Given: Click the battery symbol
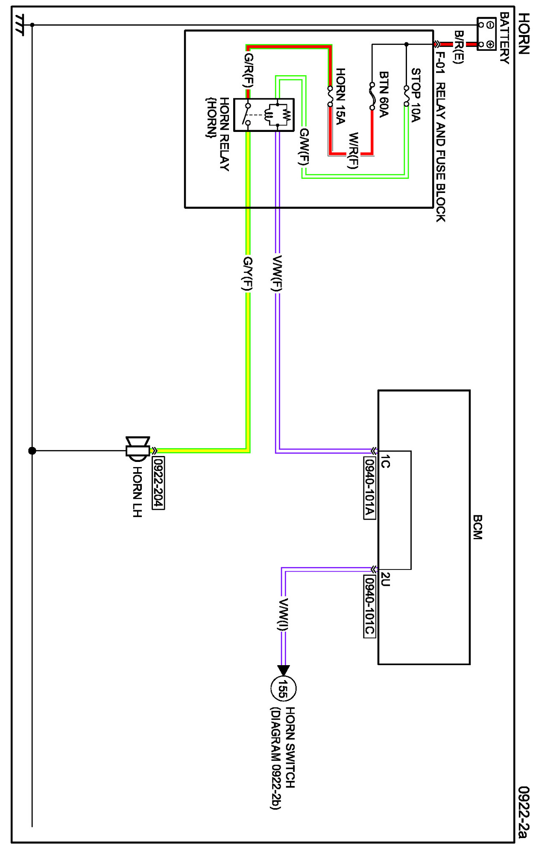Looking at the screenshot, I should (486, 34).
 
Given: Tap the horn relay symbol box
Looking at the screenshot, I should (264, 114).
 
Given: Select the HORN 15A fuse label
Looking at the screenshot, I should (340, 96).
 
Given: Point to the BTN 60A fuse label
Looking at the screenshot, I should (384, 94).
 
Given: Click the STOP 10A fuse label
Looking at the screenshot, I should (416, 95).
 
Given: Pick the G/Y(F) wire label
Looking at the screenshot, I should (247, 274).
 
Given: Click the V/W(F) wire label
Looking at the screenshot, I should (277, 273).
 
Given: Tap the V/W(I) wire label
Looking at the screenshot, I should (283, 614).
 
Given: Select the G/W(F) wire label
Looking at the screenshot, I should (304, 146).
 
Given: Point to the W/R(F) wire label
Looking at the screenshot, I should (353, 151).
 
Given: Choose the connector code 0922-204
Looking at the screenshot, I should (158, 482).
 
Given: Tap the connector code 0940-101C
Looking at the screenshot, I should (369, 606).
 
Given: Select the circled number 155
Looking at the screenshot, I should (283, 688).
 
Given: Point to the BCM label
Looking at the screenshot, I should (477, 527).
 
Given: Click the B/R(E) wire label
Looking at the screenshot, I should (458, 47).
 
